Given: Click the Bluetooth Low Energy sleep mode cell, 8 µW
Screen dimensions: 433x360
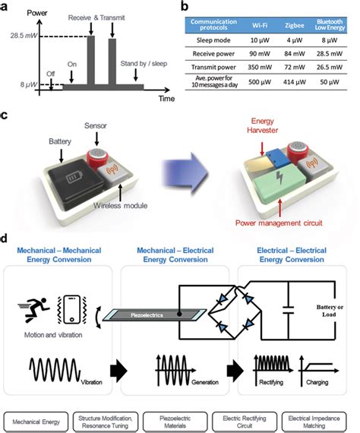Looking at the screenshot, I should pos(333,38).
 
